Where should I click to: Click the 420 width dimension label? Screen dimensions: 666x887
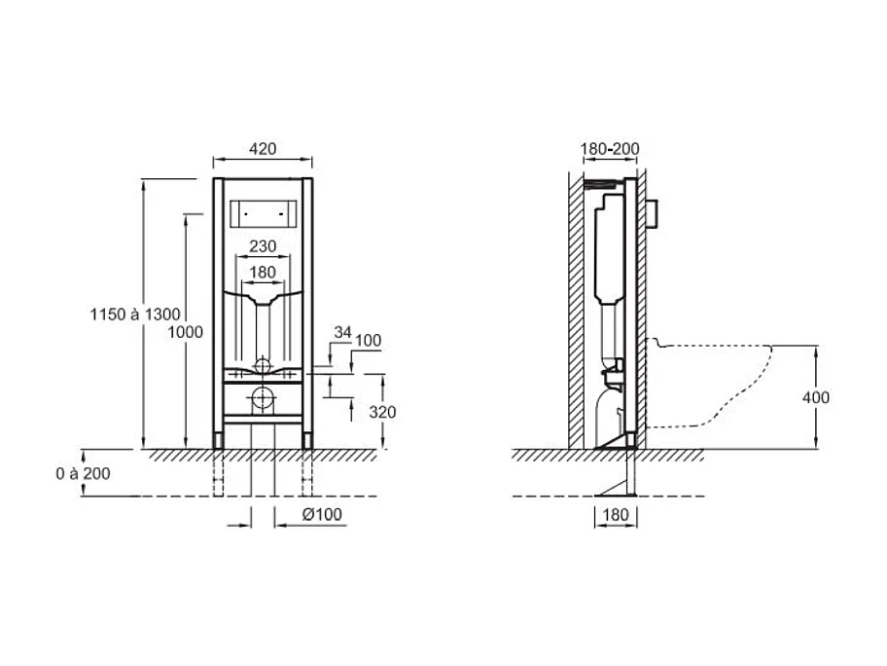263,149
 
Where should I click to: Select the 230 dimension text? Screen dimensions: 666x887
263,245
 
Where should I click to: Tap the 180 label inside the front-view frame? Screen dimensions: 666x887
263,272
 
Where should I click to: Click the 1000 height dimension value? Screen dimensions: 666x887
185,332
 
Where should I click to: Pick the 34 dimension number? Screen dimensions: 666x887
341,332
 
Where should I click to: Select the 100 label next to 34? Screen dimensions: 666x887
369,341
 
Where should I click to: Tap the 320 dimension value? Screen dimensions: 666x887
383,412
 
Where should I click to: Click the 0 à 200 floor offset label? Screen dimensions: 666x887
83,473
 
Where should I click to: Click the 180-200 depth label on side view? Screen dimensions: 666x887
610,149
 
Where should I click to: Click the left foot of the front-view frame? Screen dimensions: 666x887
217,440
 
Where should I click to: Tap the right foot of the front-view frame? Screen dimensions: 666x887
308,440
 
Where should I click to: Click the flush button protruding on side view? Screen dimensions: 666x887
656,210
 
